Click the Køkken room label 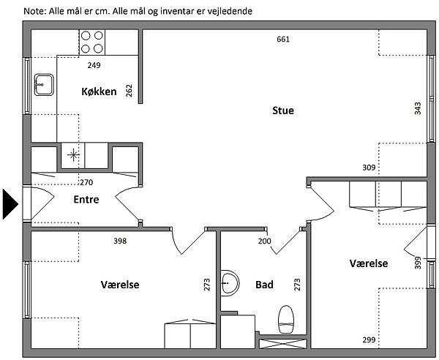click(x=99, y=91)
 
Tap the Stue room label click(x=283, y=110)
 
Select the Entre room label click(x=86, y=199)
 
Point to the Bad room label click(x=264, y=285)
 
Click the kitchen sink click(x=44, y=85)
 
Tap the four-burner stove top click(x=92, y=42)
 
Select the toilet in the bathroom click(x=286, y=320)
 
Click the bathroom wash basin click(x=230, y=283)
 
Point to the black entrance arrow click(x=10, y=204)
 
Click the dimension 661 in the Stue click(x=283, y=40)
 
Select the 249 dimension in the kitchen click(x=94, y=65)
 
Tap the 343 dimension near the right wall click(x=418, y=108)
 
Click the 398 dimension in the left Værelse click(x=120, y=241)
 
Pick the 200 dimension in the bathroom click(x=264, y=241)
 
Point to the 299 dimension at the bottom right click(x=369, y=340)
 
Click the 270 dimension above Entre click(x=86, y=182)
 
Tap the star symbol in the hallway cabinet click(x=73, y=155)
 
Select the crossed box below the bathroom click(x=282, y=344)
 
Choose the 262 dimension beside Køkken click(x=129, y=91)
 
